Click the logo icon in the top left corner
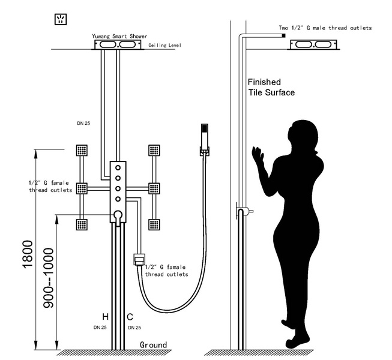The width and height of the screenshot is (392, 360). [61, 19]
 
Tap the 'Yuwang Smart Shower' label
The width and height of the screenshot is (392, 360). [119, 36]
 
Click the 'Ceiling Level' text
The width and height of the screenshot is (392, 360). [164, 45]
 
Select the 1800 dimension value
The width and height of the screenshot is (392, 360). [28, 254]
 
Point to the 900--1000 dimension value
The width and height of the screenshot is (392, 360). [48, 278]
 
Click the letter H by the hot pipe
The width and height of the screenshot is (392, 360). [105, 317]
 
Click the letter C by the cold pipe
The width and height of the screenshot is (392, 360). [130, 317]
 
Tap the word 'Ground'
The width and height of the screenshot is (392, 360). [153, 345]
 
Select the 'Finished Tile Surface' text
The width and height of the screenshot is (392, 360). [271, 87]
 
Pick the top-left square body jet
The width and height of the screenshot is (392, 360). [82, 150]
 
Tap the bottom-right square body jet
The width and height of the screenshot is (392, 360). [154, 224]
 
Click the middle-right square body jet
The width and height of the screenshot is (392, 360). [154, 188]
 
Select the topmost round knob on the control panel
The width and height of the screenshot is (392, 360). [118, 167]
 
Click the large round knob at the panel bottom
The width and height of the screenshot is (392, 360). [118, 215]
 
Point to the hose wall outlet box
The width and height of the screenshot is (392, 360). [139, 260]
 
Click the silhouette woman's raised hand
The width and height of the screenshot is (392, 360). [258, 154]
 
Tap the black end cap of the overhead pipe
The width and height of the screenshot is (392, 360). [284, 36]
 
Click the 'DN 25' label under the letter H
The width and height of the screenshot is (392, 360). [100, 328]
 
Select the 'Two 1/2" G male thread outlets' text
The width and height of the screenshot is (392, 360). [325, 28]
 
